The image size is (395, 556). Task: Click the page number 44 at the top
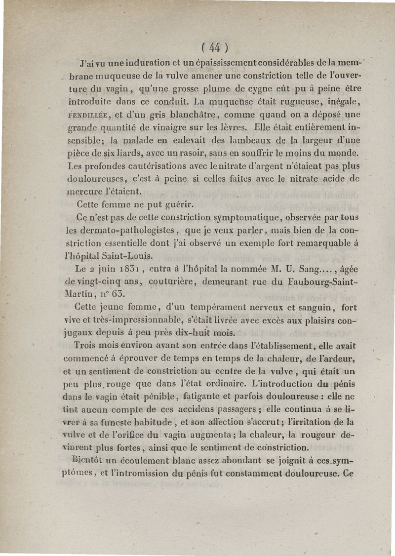(214, 48)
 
